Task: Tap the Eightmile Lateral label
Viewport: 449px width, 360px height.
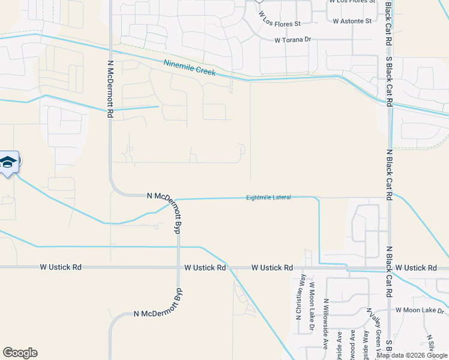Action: (x=268, y=197)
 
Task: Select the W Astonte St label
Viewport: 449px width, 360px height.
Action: (x=352, y=21)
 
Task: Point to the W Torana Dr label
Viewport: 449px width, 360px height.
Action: (x=294, y=40)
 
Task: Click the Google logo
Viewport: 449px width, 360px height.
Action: (x=20, y=353)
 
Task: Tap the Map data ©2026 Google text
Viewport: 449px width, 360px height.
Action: (x=412, y=355)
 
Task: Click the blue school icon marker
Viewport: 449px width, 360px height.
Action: (x=8, y=162)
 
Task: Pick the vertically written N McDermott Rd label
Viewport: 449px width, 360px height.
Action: (x=110, y=88)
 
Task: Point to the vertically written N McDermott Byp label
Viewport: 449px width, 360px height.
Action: (x=178, y=217)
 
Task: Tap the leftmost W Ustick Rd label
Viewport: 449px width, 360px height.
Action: (x=61, y=266)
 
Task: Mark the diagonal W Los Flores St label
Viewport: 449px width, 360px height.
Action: (x=279, y=19)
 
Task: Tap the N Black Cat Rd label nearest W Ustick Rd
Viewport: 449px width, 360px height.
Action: (x=389, y=246)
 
